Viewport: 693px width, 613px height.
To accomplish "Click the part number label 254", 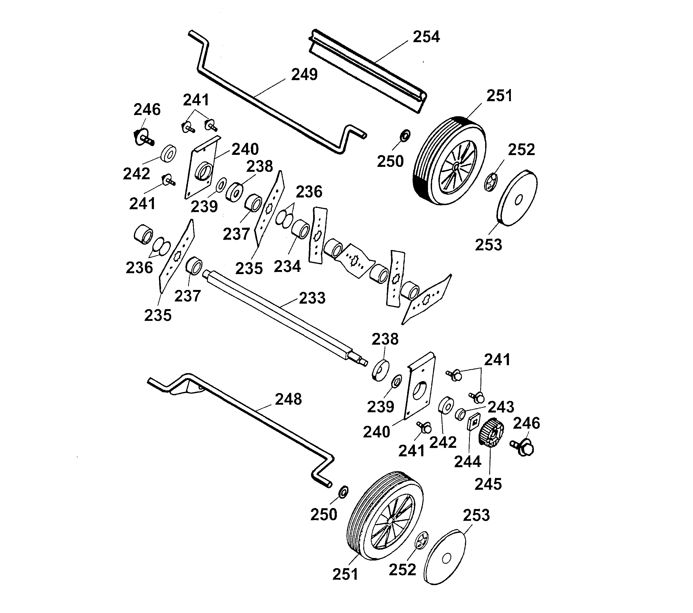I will point(426,37).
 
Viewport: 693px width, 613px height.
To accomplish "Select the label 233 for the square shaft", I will point(312,298).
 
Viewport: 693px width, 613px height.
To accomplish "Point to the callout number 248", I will point(288,399).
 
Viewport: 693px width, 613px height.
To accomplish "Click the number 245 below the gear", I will point(488,484).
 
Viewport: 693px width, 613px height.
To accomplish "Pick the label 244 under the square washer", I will point(468,461).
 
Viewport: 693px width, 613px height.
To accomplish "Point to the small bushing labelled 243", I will point(460,414).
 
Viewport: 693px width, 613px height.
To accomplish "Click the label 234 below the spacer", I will point(287,266).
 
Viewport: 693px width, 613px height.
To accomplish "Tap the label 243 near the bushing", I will point(501,407).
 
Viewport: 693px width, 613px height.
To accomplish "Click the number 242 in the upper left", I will point(136,174).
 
